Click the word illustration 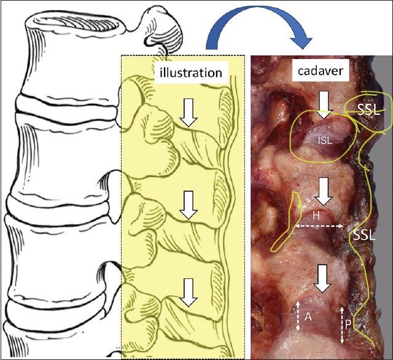coord(190,72)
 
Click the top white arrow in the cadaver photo coord(325,104)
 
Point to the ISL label coord(325,141)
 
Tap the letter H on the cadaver coord(316,216)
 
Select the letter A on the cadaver coord(309,316)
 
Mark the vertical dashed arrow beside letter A coord(298,316)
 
